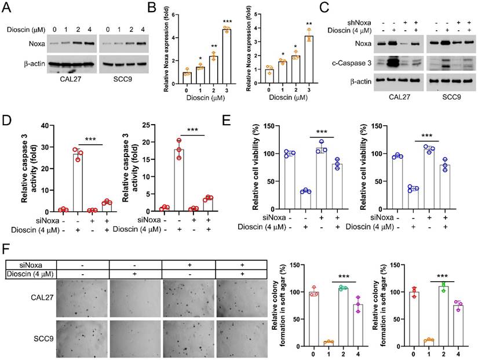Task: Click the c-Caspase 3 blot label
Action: [352, 63]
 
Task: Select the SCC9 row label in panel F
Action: [37, 337]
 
